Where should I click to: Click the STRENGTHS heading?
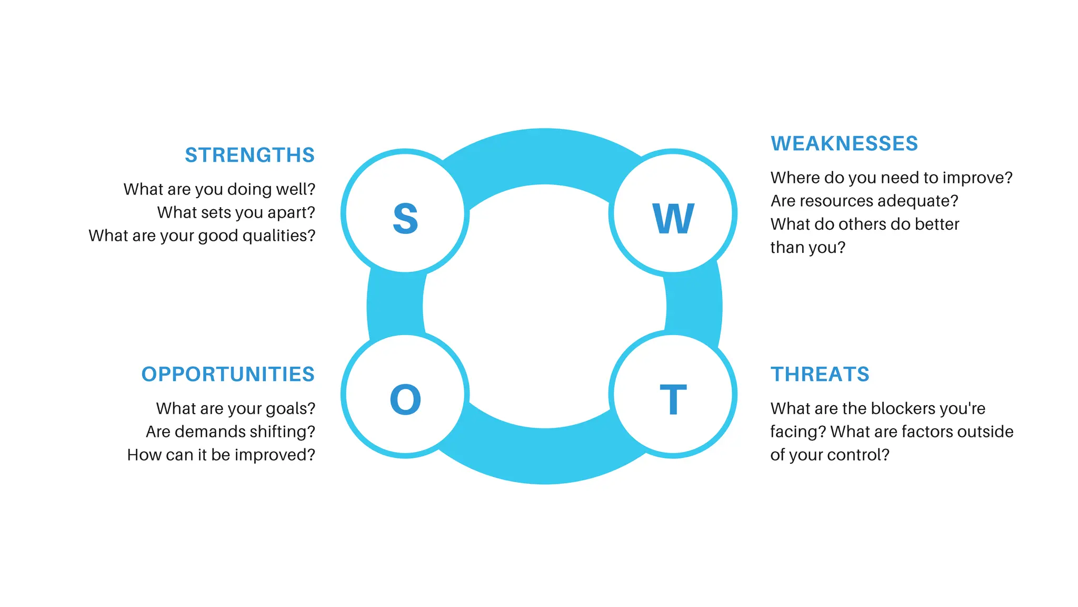[249, 155]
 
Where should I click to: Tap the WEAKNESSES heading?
[844, 144]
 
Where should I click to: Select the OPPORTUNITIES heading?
[228, 375]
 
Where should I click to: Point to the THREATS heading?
[820, 375]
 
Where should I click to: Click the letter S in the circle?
[405, 218]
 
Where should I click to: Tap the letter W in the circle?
[673, 218]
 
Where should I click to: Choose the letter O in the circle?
[405, 399]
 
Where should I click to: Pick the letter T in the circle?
[673, 399]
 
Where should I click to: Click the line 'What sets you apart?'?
[236, 212]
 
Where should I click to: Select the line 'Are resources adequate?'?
[864, 201]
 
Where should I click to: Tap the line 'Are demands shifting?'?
[231, 432]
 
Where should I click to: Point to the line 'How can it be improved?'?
[221, 455]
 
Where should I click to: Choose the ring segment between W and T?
[694, 306]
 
